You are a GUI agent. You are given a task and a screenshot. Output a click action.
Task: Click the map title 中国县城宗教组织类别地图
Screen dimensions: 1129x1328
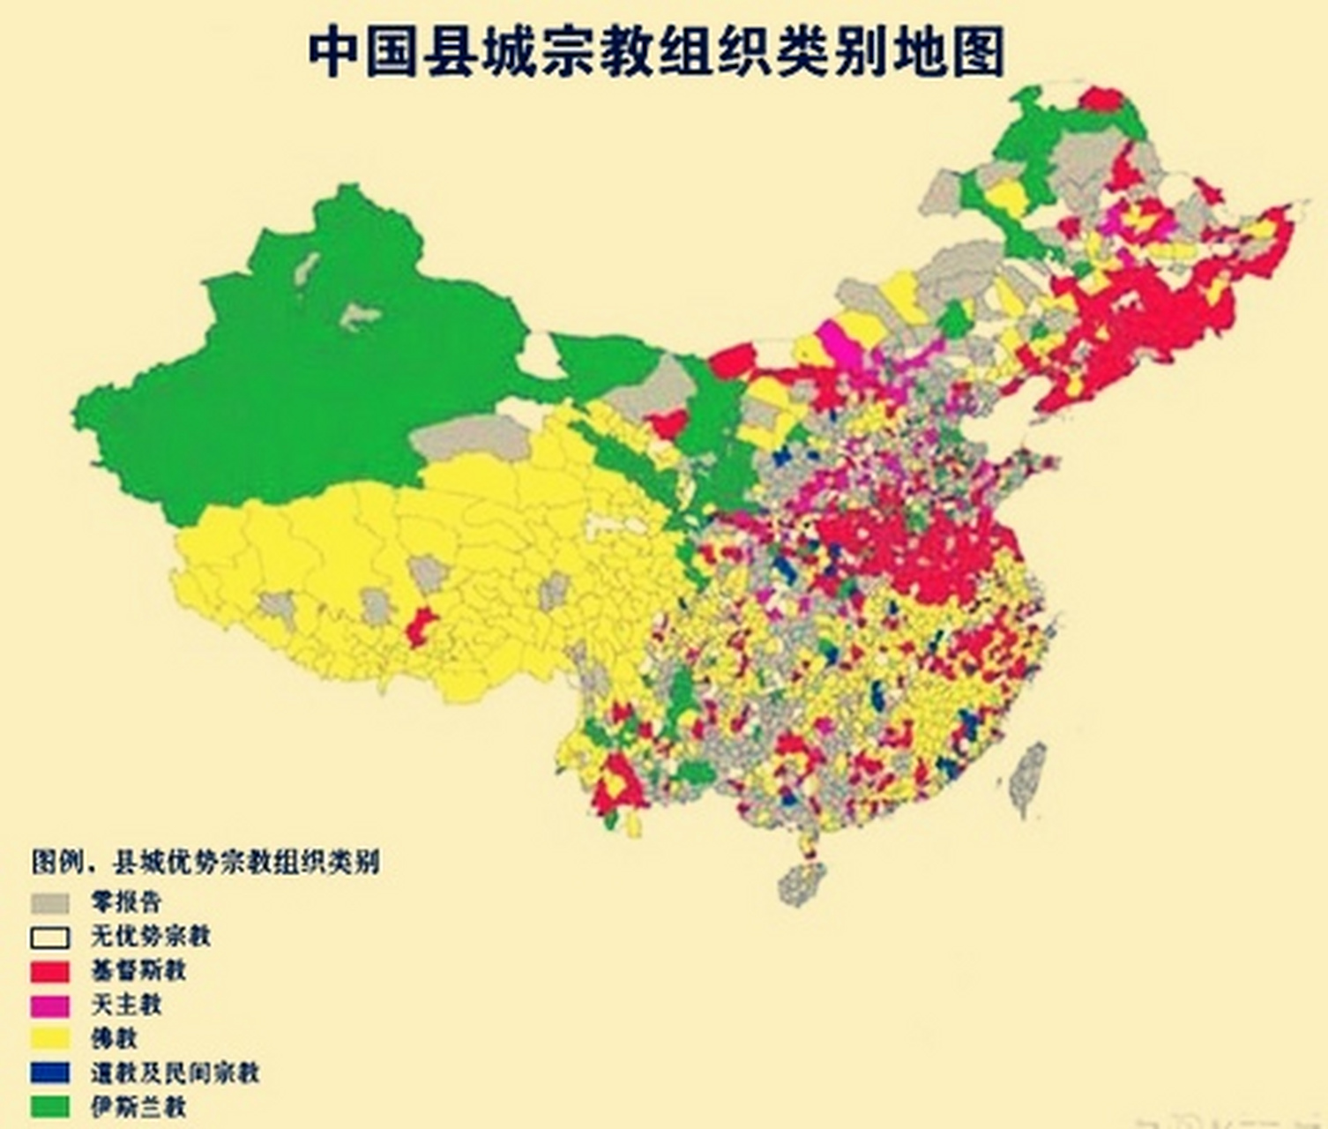(657, 51)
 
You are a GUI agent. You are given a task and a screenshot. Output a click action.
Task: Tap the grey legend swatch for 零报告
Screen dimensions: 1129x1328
(49, 903)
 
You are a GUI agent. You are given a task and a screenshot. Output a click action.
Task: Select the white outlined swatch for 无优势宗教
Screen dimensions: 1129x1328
(49, 937)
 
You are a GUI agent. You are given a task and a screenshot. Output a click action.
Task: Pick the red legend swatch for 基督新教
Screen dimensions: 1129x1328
(49, 971)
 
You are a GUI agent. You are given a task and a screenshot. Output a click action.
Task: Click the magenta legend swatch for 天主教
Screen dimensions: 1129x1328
(49, 1005)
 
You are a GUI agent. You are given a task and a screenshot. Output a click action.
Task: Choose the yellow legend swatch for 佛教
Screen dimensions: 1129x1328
(49, 1038)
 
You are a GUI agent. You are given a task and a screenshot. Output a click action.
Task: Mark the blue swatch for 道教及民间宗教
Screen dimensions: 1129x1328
(49, 1073)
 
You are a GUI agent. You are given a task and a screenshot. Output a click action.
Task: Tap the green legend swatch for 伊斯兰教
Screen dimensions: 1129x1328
(49, 1106)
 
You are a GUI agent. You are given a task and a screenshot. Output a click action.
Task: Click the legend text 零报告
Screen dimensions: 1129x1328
(126, 902)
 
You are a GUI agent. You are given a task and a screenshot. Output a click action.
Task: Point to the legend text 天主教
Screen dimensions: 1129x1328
(126, 1004)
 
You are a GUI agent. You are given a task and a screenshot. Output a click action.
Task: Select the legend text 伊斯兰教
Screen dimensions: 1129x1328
(138, 1106)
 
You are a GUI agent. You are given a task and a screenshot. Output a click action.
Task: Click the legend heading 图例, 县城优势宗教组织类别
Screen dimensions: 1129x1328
(205, 861)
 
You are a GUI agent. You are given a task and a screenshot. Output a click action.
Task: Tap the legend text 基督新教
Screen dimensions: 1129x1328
(138, 970)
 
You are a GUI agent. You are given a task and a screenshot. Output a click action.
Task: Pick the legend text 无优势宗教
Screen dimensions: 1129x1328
(150, 936)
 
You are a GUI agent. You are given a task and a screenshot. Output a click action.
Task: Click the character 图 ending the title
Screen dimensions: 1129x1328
(978, 51)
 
